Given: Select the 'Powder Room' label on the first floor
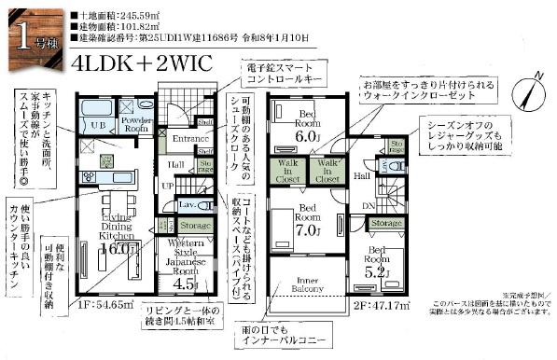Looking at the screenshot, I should [x=136, y=123].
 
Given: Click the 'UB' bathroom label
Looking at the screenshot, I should [x=97, y=123].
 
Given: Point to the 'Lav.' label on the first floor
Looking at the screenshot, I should [x=187, y=203].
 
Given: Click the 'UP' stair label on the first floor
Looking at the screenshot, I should [x=167, y=186].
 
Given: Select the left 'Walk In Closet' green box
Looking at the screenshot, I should [x=286, y=171].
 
